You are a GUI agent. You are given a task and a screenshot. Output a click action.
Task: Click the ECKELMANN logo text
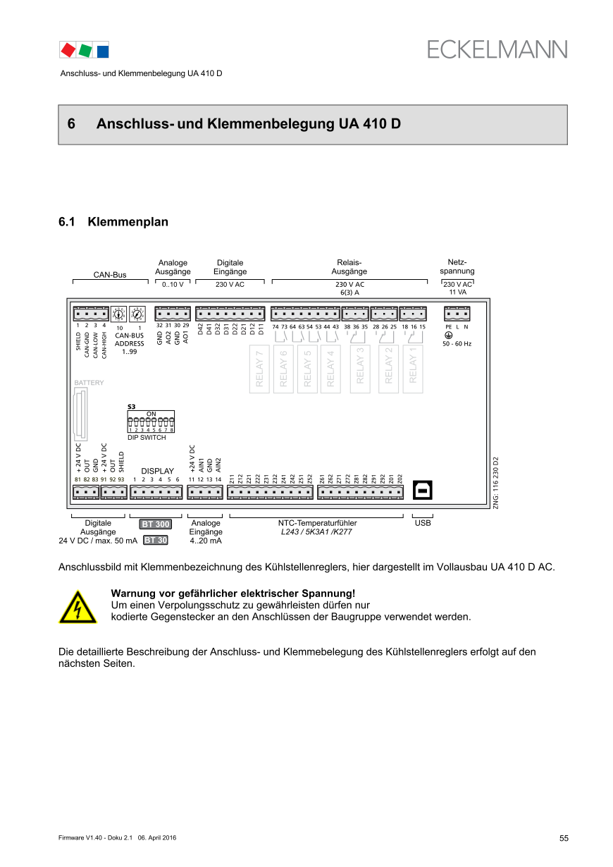[497, 49]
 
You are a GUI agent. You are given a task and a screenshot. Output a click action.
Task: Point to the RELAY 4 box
[330, 369]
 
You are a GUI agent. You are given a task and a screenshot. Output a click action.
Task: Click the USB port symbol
[425, 491]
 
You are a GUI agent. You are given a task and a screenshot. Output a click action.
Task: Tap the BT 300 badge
[155, 524]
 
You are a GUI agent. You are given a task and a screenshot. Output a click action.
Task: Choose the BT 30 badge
[155, 541]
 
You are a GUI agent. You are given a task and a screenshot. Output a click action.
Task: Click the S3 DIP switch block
[151, 422]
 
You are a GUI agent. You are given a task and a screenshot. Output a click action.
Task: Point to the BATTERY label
[89, 383]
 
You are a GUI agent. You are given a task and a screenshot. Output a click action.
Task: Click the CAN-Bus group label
[110, 274]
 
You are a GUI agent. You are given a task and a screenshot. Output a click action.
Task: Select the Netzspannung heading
[457, 266]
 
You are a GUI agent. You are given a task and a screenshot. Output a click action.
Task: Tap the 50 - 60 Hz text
[457, 344]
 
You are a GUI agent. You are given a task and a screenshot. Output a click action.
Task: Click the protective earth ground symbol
[449, 335]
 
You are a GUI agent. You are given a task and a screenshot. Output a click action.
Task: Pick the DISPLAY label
[157, 471]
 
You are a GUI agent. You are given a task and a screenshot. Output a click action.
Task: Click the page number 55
[564, 838]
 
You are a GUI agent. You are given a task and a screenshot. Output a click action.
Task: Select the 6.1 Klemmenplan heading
[113, 222]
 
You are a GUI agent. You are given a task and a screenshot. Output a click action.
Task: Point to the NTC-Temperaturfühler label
[317, 523]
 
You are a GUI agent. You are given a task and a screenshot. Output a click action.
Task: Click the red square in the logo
[68, 50]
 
